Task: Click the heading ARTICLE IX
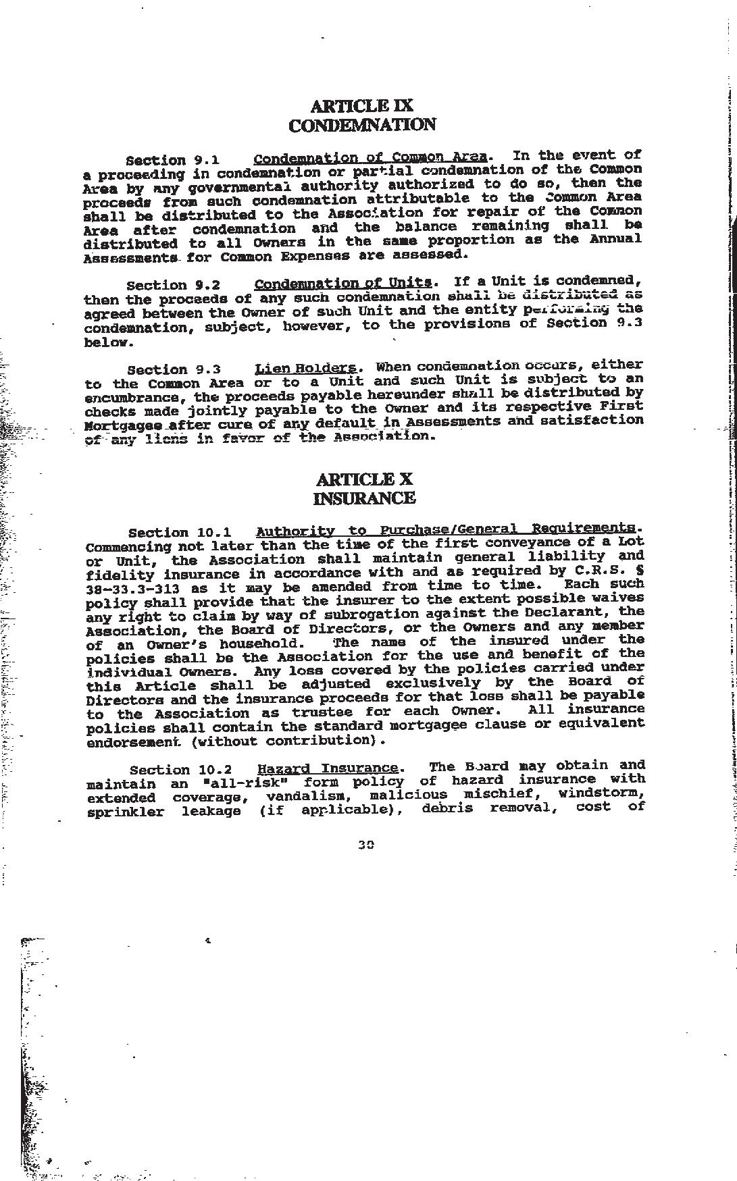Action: [x=361, y=106]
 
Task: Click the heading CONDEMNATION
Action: [x=361, y=125]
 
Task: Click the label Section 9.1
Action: [x=172, y=160]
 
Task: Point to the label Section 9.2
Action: [x=173, y=285]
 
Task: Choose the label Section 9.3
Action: [x=174, y=369]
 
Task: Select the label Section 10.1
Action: [x=179, y=533]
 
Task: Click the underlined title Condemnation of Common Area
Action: [x=370, y=159]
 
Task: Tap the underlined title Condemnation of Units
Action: [x=343, y=283]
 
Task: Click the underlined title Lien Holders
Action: [x=305, y=368]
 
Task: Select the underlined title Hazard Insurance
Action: [x=328, y=750]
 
